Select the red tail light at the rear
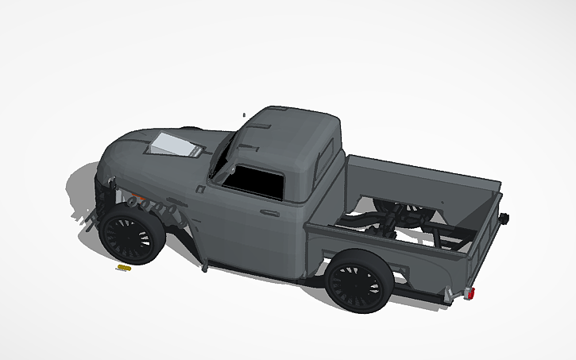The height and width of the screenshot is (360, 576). [x=472, y=295]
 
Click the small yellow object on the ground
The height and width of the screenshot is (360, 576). [x=122, y=269]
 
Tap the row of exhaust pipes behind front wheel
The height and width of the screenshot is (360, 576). [x=156, y=206]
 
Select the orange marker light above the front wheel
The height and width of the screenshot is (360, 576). [x=136, y=197]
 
